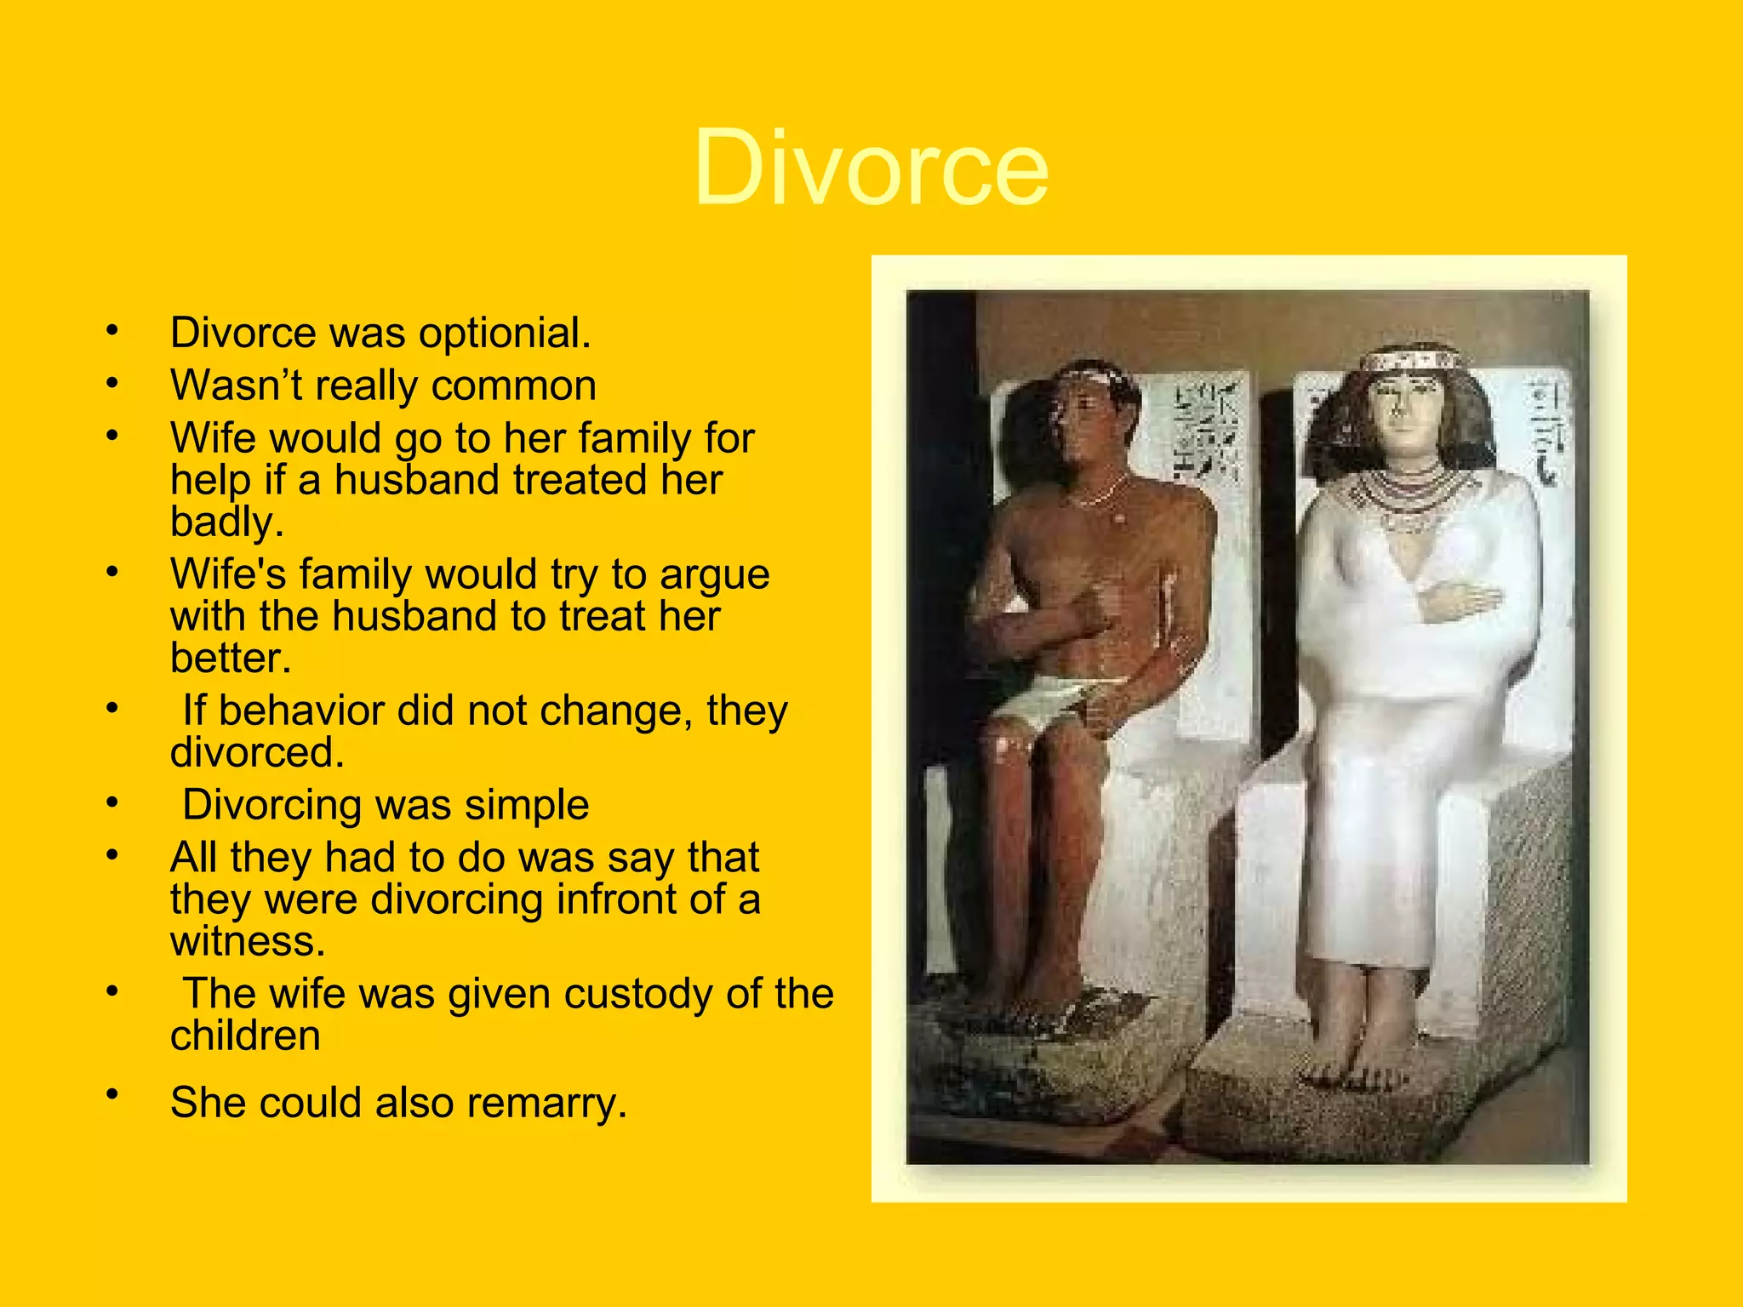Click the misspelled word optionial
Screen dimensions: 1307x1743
pyautogui.click(x=504, y=333)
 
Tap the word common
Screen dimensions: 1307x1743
pyautogui.click(x=513, y=385)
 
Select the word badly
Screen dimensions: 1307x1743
pyautogui.click(x=226, y=522)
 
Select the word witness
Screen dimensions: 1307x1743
pyautogui.click(x=248, y=941)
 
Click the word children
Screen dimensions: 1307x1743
pyautogui.click(x=245, y=1036)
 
